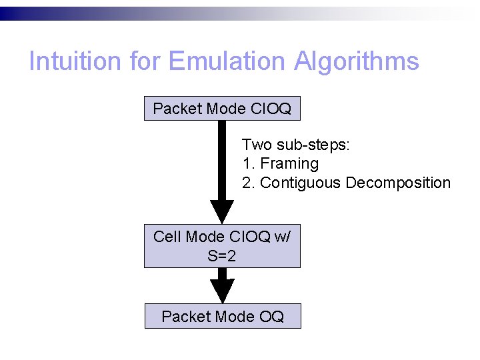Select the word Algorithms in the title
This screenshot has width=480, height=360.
pyautogui.click(x=359, y=61)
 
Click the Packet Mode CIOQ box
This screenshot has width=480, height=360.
pyautogui.click(x=222, y=109)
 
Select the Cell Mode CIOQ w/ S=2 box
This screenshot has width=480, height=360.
pyautogui.click(x=222, y=245)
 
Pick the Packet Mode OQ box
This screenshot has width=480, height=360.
pyautogui.click(x=223, y=316)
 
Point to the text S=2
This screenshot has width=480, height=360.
pyautogui.click(x=222, y=255)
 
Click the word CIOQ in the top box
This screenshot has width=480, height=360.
pyautogui.click(x=269, y=109)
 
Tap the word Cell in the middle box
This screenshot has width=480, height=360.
pyautogui.click(x=167, y=237)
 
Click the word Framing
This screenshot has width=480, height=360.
pyautogui.click(x=289, y=163)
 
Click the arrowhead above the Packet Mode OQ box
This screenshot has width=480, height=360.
pyautogui.click(x=222, y=292)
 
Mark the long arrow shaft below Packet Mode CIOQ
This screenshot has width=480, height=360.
pyautogui.click(x=222, y=160)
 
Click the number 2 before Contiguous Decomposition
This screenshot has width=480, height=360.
pyautogui.click(x=247, y=183)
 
